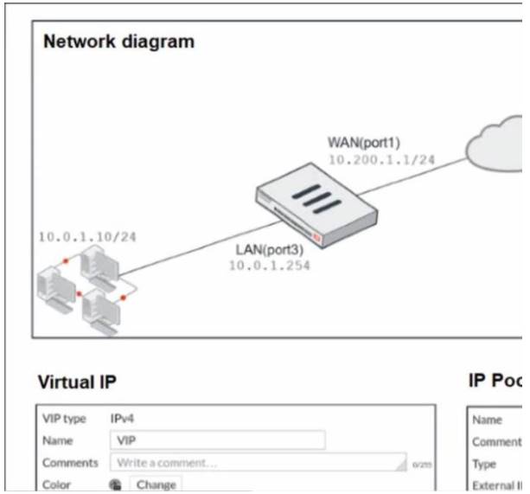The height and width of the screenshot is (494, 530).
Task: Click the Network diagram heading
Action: [x=118, y=41]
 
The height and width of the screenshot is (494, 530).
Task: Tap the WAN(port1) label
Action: [x=364, y=142]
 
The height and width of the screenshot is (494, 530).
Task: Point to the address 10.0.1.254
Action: [x=269, y=266]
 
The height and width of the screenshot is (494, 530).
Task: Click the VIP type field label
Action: [x=64, y=420]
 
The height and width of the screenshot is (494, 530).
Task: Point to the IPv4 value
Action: [x=123, y=420]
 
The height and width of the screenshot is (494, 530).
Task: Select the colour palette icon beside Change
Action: [x=114, y=485]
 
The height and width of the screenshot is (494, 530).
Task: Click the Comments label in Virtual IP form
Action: [x=70, y=463]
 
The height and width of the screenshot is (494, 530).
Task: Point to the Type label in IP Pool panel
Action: [x=485, y=464]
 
